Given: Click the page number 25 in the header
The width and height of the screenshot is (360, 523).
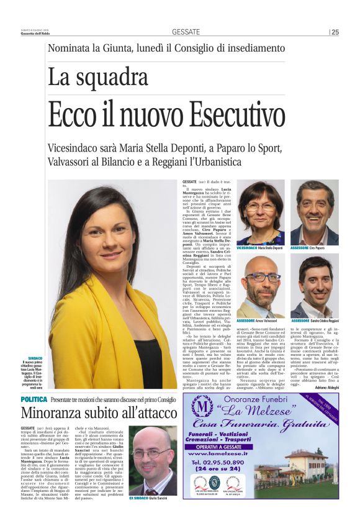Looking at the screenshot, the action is [335, 32].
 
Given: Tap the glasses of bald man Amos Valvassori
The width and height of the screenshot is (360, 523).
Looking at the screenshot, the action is [262, 277].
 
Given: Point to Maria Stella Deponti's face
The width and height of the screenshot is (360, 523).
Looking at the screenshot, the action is [261, 208].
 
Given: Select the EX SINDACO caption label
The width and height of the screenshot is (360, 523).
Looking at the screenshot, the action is [139, 498].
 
